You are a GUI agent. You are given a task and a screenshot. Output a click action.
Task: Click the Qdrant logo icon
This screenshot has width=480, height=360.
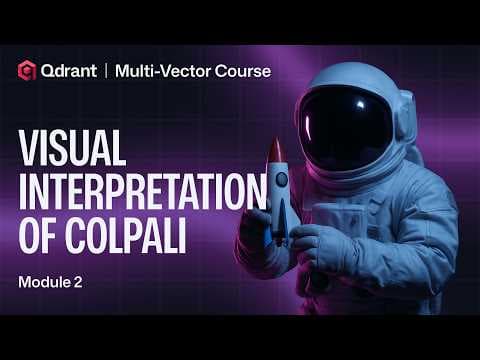point(28,71)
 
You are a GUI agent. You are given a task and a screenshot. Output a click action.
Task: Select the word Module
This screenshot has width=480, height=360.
point(41,282)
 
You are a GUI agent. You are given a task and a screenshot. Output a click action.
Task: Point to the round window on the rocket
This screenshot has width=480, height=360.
point(281,180)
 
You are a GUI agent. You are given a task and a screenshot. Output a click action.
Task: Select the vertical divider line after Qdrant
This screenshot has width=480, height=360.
point(105,71)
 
